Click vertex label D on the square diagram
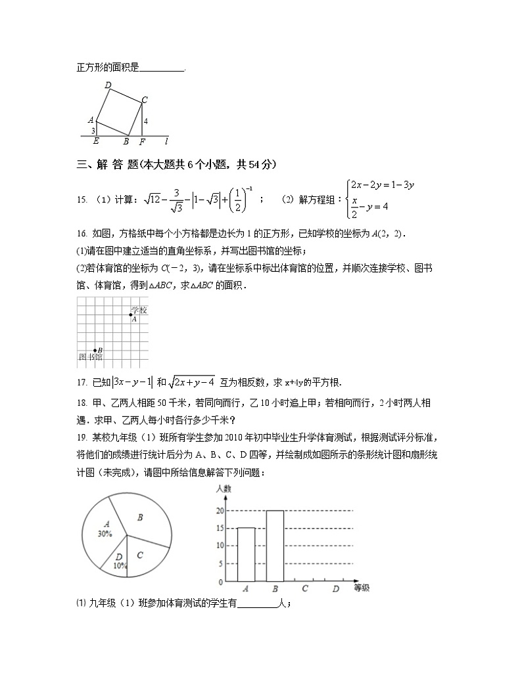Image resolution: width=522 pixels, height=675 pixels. pos(108,85)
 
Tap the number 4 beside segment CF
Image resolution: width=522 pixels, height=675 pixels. pos(145,121)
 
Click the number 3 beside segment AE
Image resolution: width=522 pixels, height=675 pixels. pos(93,131)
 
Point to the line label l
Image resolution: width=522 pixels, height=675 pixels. pos(166,141)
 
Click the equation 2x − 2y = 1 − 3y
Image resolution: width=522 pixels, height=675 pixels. pos(382,185)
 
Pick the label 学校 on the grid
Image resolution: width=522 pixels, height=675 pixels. pos(138,310)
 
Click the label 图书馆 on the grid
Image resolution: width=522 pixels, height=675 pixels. pos(90,357)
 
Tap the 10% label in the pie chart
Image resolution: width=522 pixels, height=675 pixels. pos(120,565)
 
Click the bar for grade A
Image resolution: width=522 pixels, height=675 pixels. pos(246,555)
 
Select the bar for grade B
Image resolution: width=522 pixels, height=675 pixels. pos(275,546)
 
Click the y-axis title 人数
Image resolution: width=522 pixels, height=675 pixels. pos(222,489)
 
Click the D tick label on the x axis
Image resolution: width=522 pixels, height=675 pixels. pos(335,589)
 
